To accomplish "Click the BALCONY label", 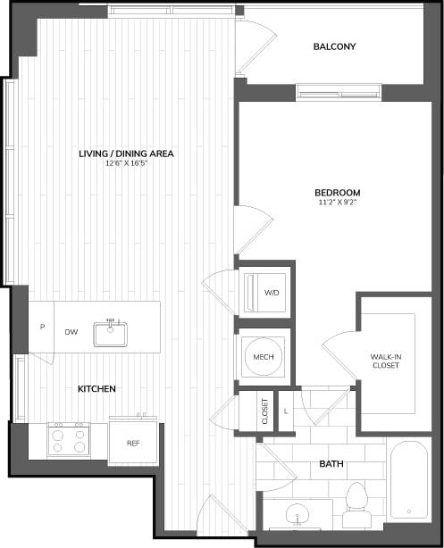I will [x=335, y=46].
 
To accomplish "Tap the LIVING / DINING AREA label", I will [x=125, y=154].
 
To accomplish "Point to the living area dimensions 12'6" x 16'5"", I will [x=125, y=163].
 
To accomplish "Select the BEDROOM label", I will [x=337, y=193].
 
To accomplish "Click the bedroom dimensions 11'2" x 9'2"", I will [x=337, y=203].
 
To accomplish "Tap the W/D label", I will [x=272, y=291].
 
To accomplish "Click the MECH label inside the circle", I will [x=263, y=357].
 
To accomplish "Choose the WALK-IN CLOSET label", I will [x=386, y=361].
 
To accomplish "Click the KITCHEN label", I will [x=97, y=389].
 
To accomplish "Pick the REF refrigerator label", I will [x=133, y=443].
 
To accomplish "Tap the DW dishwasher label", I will [x=71, y=332].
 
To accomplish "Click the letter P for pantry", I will [x=41, y=328].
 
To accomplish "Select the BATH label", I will [x=332, y=464].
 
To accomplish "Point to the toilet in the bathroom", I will [x=357, y=502].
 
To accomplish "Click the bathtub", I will [x=410, y=478].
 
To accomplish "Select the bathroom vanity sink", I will [x=297, y=515].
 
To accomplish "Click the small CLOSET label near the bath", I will [x=264, y=411].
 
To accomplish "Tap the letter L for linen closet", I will [x=285, y=411].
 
